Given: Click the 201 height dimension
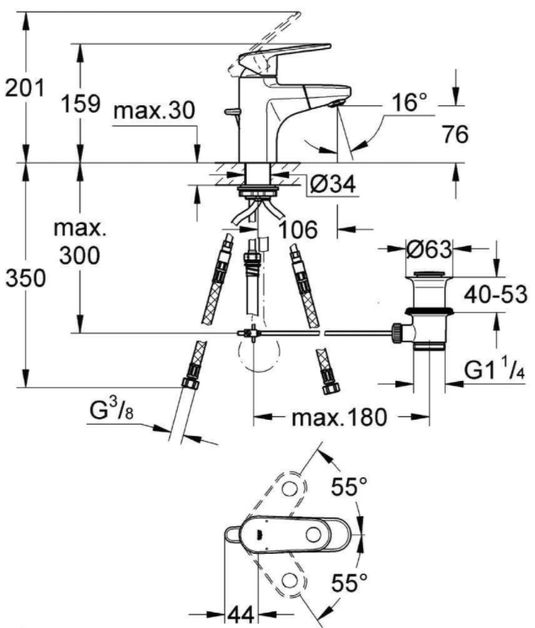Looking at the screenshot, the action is pyautogui.click(x=24, y=89).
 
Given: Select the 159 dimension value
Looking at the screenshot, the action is pyautogui.click(x=80, y=104).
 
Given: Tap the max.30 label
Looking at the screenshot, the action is pyautogui.click(x=154, y=110).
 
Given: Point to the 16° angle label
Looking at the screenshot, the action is pyautogui.click(x=409, y=102).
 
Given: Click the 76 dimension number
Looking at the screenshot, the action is pyautogui.click(x=455, y=134).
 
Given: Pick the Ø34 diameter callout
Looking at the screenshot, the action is pyautogui.click(x=333, y=185).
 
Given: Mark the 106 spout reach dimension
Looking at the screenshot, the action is pyautogui.click(x=298, y=230).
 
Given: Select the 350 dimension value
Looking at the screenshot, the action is pyautogui.click(x=25, y=278).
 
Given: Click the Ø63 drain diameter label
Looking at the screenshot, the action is pyautogui.click(x=429, y=250).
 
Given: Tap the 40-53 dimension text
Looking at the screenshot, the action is pyautogui.click(x=495, y=295).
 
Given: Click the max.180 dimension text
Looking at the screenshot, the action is pyautogui.click(x=340, y=417).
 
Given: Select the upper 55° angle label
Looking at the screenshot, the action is pyautogui.click(x=349, y=486).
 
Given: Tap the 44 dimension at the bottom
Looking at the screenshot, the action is pyautogui.click(x=241, y=615).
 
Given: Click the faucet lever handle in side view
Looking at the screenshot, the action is pyautogui.click(x=285, y=56).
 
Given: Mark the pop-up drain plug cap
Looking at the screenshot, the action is pyautogui.click(x=429, y=275).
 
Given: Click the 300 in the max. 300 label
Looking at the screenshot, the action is pyautogui.click(x=80, y=255).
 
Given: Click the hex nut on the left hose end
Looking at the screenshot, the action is pyautogui.click(x=190, y=383).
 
